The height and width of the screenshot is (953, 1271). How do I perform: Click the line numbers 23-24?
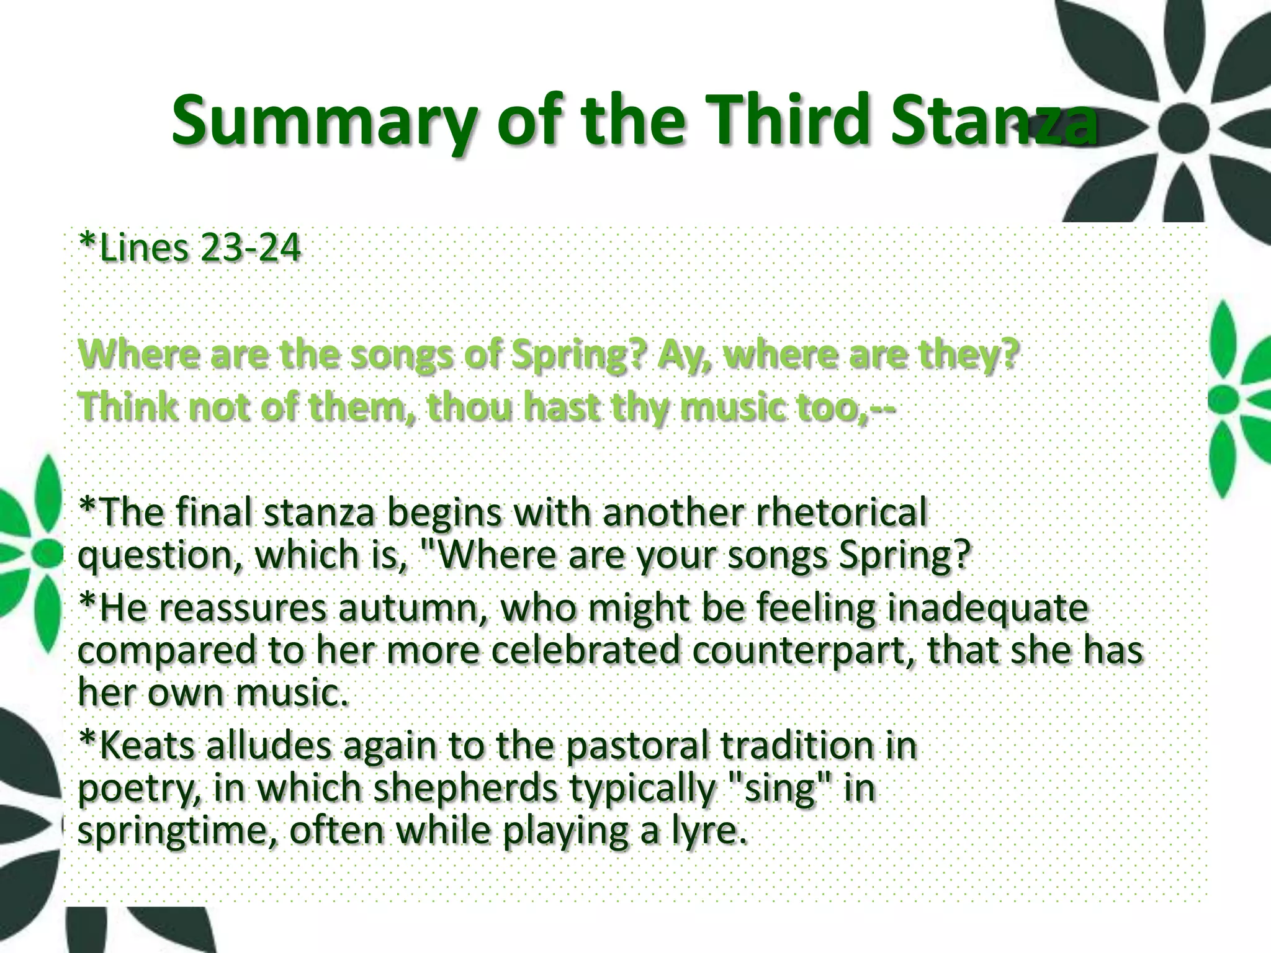[251, 248]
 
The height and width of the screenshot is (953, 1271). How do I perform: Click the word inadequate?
[987, 608]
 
